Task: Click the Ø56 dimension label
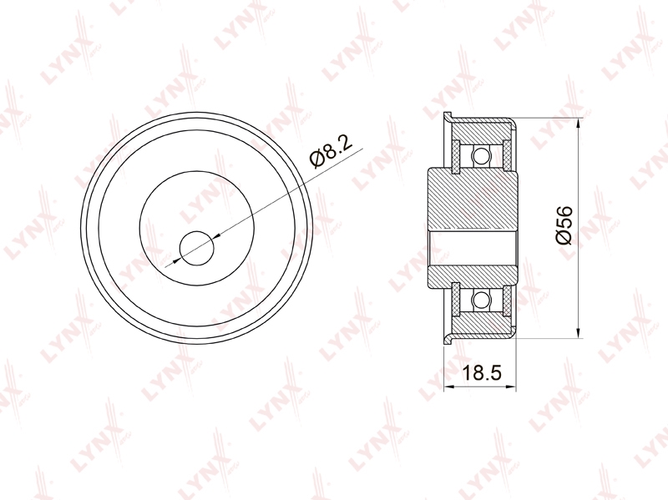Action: (564, 225)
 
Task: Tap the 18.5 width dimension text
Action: (483, 372)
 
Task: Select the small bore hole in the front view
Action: (196, 248)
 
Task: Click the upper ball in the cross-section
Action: (482, 155)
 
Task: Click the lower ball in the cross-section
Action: (482, 299)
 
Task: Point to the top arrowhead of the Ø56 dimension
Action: (578, 124)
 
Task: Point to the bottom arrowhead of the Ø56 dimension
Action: (578, 332)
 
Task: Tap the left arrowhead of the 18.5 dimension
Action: (448, 386)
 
